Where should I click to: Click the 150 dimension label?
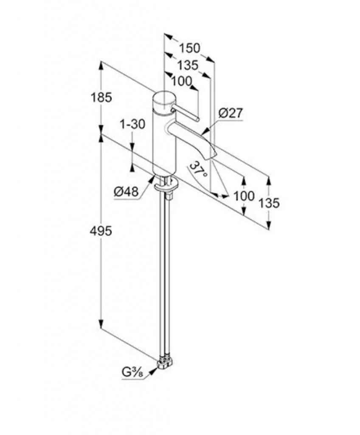tap(189, 48)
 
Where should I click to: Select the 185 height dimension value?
tap(101, 97)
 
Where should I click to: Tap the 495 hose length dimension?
tap(101, 231)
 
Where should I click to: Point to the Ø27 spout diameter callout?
tap(231, 113)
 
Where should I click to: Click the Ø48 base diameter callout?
tap(126, 192)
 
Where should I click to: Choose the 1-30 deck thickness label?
tap(132, 124)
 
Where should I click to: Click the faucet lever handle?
tap(185, 113)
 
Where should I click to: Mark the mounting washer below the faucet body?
tap(166, 186)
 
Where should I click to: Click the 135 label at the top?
tap(188, 65)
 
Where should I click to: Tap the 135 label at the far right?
tap(269, 203)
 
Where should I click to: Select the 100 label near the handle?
tap(182, 81)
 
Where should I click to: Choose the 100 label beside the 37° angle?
tap(244, 196)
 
